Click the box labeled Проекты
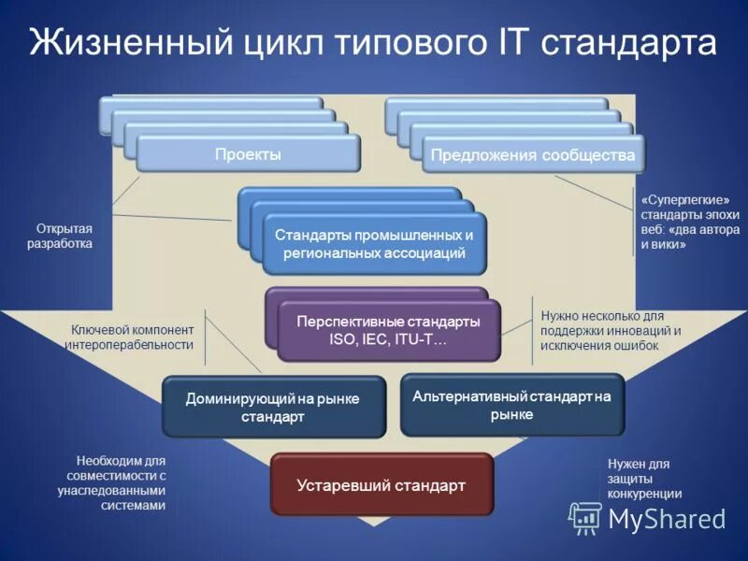(x=248, y=154)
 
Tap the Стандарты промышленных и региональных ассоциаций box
(x=374, y=244)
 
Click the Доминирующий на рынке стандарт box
(x=273, y=407)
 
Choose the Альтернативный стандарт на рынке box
(x=511, y=405)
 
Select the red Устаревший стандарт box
(x=381, y=485)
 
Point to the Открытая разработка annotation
(x=65, y=236)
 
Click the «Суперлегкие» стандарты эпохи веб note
(x=690, y=222)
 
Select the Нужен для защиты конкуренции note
(x=644, y=478)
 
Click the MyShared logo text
(x=667, y=518)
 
